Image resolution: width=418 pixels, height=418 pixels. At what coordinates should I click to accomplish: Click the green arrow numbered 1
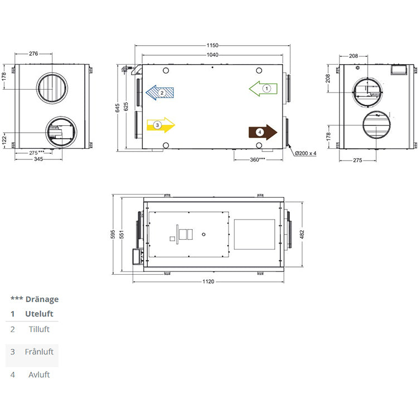coord(263,88)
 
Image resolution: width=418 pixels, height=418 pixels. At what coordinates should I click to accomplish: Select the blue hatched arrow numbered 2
coord(161,93)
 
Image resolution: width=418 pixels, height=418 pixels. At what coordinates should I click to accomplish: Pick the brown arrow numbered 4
coord(263,132)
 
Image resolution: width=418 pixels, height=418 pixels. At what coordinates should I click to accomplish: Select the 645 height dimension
coord(118,108)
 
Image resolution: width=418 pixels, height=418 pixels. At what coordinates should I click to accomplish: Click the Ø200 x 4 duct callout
coord(305,153)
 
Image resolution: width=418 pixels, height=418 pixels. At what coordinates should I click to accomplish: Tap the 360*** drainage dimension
coord(257,159)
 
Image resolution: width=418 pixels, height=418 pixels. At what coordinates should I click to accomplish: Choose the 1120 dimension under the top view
coord(207,281)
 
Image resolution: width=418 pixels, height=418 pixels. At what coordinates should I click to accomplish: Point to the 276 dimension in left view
coord(33,54)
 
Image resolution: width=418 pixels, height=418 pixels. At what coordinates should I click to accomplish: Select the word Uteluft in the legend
coord(39,314)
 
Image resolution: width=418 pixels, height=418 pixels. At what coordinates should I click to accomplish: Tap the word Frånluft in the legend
coord(39,352)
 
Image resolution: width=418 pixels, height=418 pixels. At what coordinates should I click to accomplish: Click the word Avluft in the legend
coord(39,375)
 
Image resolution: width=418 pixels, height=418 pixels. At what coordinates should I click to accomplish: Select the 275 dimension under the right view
coord(357,160)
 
